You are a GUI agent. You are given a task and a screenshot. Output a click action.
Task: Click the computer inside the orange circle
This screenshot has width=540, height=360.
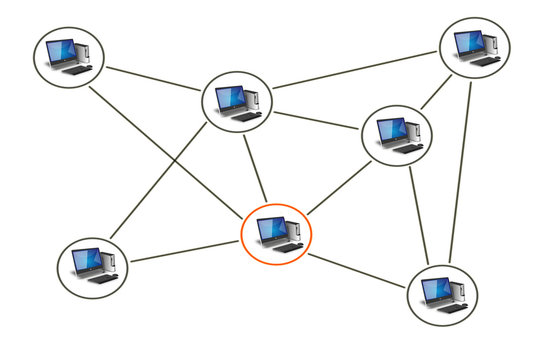277,234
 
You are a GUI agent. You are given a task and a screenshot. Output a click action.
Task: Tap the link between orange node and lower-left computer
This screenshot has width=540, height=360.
185,251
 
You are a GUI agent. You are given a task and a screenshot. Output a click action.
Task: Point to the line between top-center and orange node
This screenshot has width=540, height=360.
256,170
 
